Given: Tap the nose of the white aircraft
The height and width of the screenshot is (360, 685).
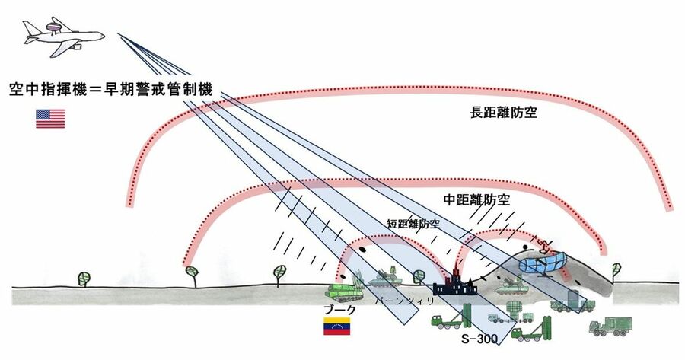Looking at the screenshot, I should point(102,33).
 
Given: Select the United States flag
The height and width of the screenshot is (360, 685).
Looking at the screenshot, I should point(50,119).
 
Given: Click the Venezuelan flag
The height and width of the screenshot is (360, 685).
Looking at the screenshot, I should point(336,328).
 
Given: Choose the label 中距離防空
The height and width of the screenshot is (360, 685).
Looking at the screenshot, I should point(476,200).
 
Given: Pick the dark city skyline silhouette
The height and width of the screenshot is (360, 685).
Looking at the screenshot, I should point(454,286).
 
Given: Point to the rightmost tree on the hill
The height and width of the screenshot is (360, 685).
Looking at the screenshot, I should point(617,268).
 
